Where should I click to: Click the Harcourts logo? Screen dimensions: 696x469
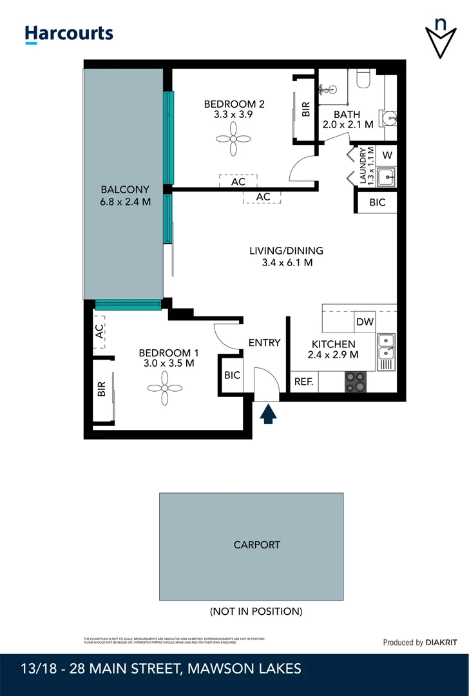pyautogui.click(x=69, y=34)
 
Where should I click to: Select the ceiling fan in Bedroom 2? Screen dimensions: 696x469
pyautogui.click(x=235, y=139)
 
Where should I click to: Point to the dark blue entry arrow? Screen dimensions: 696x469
pyautogui.click(x=268, y=413)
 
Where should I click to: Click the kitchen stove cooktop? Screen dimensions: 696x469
pyautogui.click(x=355, y=382)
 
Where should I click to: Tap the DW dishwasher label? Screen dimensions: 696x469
pyautogui.click(x=365, y=322)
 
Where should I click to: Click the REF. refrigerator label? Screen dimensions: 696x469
pyautogui.click(x=304, y=382)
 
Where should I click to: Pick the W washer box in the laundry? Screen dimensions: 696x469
pyautogui.click(x=387, y=155)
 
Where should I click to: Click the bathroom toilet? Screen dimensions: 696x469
pyautogui.click(x=363, y=79)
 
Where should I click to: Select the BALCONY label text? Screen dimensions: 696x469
pyautogui.click(x=125, y=190)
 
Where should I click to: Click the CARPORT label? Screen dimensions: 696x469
pyautogui.click(x=257, y=545)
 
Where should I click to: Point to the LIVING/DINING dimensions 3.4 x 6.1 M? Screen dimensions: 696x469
pyautogui.click(x=286, y=263)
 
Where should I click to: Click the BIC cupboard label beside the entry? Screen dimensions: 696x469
pyautogui.click(x=232, y=374)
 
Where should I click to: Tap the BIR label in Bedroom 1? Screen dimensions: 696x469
pyautogui.click(x=101, y=390)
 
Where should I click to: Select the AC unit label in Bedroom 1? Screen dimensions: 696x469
pyautogui.click(x=100, y=331)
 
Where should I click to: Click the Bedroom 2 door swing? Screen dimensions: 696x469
pyautogui.click(x=303, y=169)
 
